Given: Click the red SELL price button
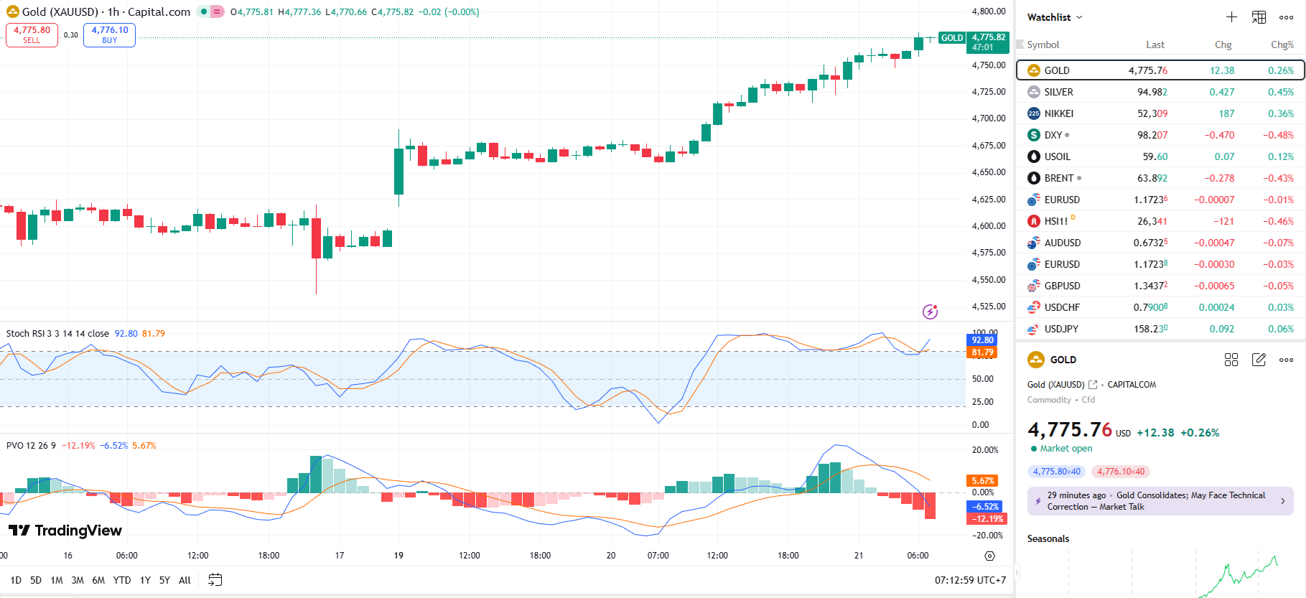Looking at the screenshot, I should coord(32,34).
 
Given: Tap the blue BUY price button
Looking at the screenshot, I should coord(109,34).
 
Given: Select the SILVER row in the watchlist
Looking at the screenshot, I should coord(1058,92).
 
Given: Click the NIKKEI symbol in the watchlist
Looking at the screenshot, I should coord(1058,113).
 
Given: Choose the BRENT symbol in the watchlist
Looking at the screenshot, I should coord(1058,178).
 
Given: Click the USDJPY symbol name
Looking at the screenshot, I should coord(1061,329).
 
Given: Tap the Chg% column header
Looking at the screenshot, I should coord(1282,45).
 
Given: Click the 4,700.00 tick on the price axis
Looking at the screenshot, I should coord(989,118).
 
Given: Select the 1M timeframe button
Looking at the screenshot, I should coord(57,580).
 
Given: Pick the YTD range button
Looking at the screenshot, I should coord(122,580).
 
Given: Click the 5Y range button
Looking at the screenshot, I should coord(164,580).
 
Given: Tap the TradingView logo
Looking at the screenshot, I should coord(65,531).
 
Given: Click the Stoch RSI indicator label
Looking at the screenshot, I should coord(57,334).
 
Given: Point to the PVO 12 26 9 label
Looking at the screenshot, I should coord(31,446).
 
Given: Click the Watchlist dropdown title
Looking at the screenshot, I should coord(1054,17).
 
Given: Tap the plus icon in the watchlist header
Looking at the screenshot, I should coord(1231,17).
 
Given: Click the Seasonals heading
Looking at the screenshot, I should coord(1048,538).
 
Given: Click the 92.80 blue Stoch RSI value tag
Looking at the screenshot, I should coord(982,340).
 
